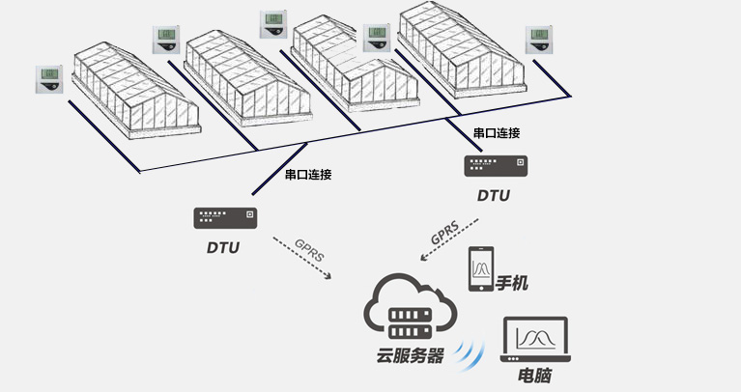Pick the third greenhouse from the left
point(357,66)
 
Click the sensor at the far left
point(48,79)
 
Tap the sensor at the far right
point(539,40)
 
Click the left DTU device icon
point(223,217)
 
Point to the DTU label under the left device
point(223,247)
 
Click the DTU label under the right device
point(493,195)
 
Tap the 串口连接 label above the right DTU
point(497,132)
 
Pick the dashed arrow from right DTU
point(447,238)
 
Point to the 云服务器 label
point(410,356)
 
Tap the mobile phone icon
point(480,268)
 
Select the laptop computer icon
point(534,340)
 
